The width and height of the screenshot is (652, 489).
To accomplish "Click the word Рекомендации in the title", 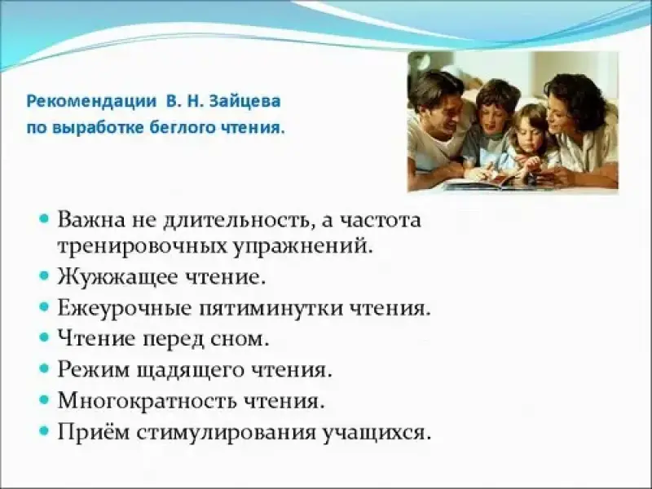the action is coord(91,102).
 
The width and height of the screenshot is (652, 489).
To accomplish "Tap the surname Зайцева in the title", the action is coord(245,101).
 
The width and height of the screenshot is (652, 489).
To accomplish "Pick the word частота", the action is coord(381,220).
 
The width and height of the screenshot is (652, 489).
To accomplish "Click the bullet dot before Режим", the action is coord(45,368).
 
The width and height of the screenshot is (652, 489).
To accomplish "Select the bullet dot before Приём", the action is coord(45,430).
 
